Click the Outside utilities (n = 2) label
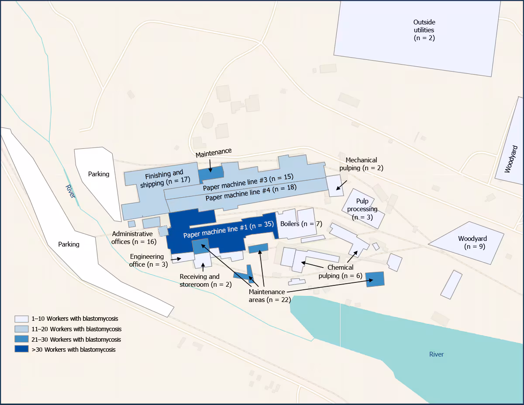point(424,30)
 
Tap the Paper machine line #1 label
point(228,230)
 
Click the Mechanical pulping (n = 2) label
point(361,164)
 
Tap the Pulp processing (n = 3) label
point(362,209)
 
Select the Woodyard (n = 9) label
point(472,242)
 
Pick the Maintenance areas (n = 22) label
point(267,295)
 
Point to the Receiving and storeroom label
point(200,281)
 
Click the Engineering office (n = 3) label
point(147,261)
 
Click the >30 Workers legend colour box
point(21,349)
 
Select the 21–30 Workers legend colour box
point(21,339)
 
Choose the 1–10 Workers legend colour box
point(21,319)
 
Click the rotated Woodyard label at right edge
point(509,159)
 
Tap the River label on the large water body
point(436,354)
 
